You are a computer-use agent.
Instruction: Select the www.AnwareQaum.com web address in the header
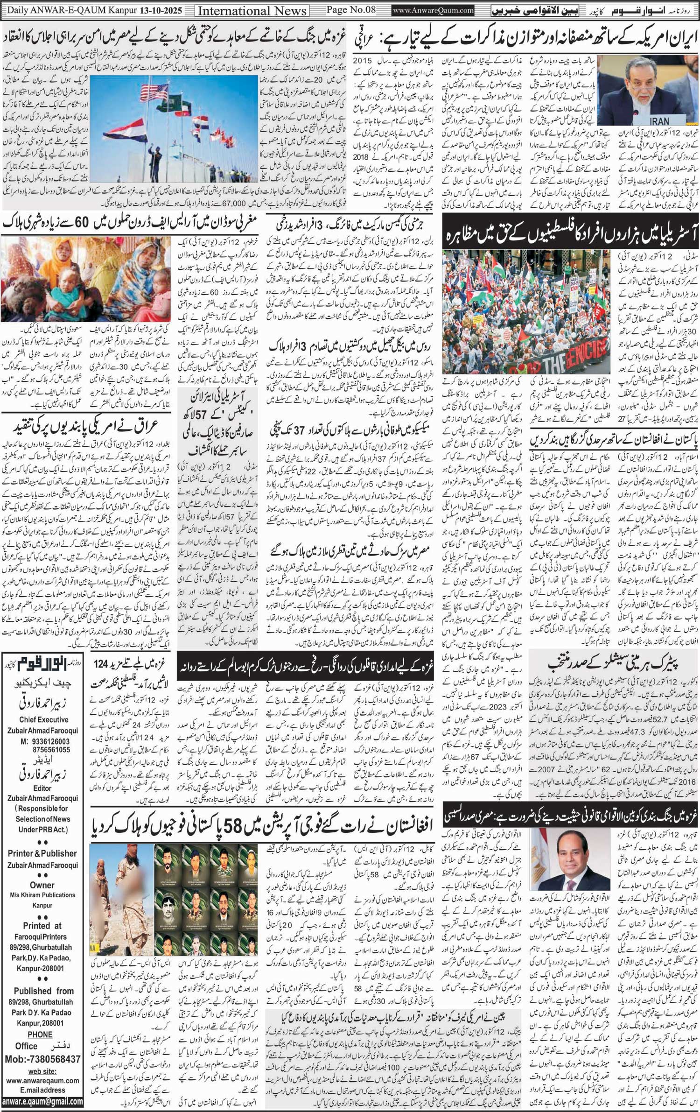pyautogui.click(x=434, y=10)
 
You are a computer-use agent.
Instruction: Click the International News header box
pyautogui.click(x=252, y=11)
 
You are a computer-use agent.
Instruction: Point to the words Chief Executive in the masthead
pyautogui.click(x=43, y=719)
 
